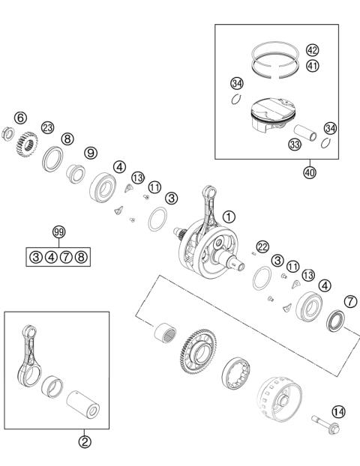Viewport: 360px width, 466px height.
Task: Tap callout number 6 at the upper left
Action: tap(20, 118)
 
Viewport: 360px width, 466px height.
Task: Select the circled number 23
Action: tap(48, 128)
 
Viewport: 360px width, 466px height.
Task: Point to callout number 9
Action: tap(91, 153)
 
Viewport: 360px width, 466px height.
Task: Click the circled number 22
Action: tap(262, 246)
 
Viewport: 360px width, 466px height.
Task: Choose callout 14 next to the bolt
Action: tap(338, 411)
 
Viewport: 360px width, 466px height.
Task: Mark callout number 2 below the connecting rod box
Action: tap(85, 441)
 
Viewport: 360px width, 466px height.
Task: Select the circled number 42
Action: tap(312, 50)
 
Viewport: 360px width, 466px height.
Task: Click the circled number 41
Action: tap(312, 65)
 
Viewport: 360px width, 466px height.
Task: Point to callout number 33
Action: tap(294, 144)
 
